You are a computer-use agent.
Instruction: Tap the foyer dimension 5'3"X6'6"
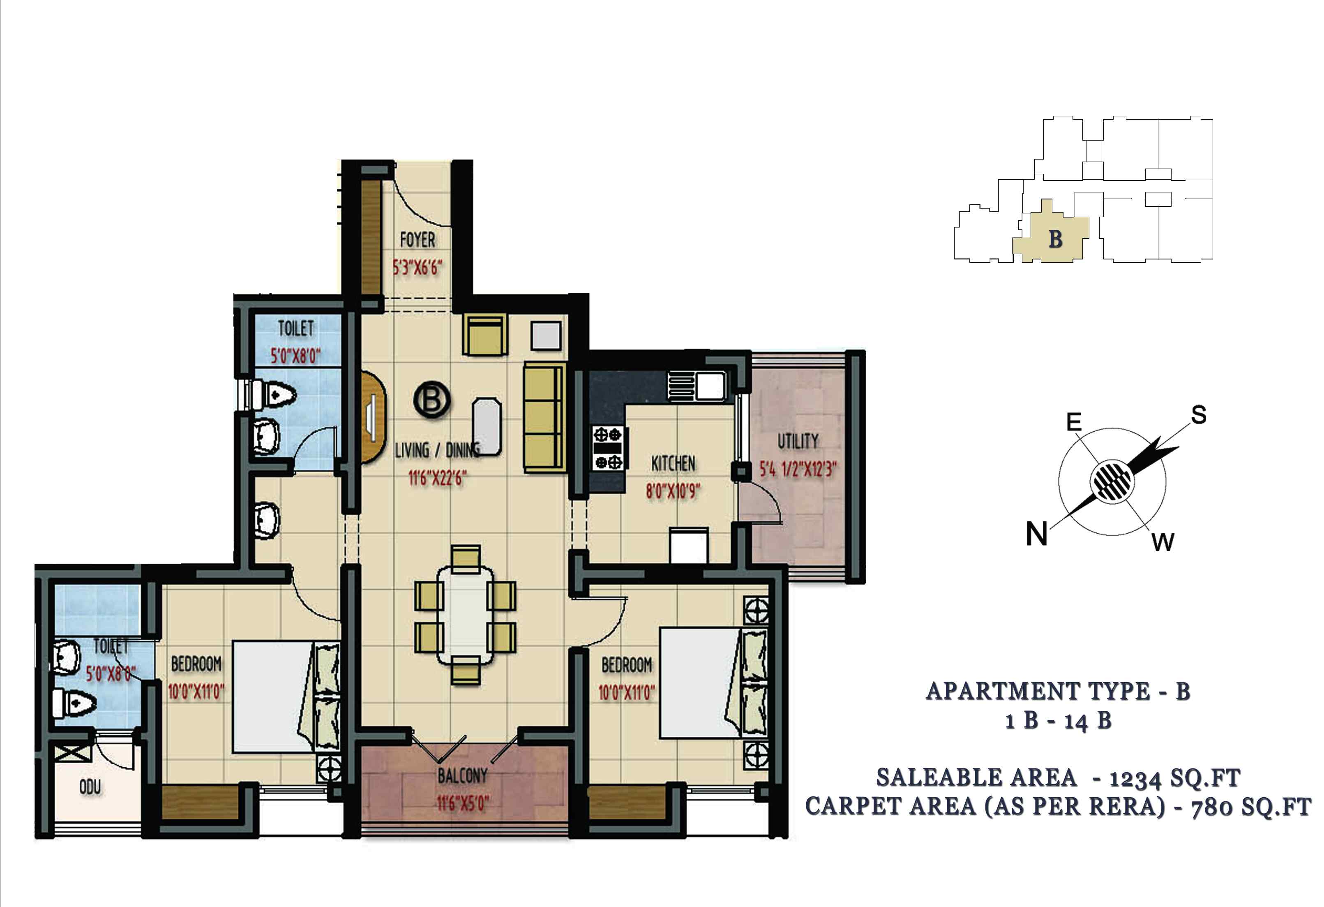[417, 267]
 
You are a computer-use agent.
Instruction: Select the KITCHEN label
[674, 463]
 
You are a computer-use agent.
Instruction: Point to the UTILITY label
[798, 441]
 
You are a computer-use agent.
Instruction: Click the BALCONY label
[463, 776]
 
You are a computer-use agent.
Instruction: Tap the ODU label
[90, 787]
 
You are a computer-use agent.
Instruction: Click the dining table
[466, 615]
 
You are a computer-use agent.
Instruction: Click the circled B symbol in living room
[432, 400]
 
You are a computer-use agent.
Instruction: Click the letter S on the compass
[1198, 414]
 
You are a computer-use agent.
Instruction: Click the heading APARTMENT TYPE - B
[1059, 691]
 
